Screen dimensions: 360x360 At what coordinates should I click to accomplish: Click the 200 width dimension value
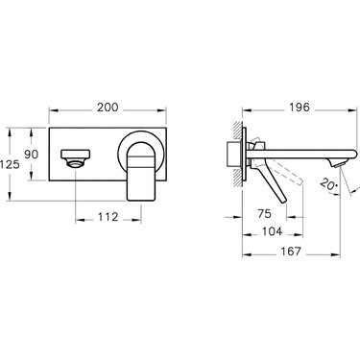click(x=108, y=108)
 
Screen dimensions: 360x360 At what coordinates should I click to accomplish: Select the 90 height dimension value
click(x=32, y=155)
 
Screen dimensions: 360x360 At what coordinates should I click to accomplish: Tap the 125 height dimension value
click(x=10, y=164)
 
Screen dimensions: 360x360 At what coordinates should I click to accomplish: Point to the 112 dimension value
click(x=108, y=217)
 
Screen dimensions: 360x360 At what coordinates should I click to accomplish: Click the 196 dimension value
click(x=300, y=108)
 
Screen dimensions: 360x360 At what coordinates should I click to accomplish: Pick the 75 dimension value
click(x=264, y=213)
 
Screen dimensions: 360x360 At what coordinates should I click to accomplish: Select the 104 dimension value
click(x=272, y=231)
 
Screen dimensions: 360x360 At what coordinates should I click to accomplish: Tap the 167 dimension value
click(x=291, y=252)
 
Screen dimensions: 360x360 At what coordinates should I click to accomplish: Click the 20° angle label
click(x=329, y=184)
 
